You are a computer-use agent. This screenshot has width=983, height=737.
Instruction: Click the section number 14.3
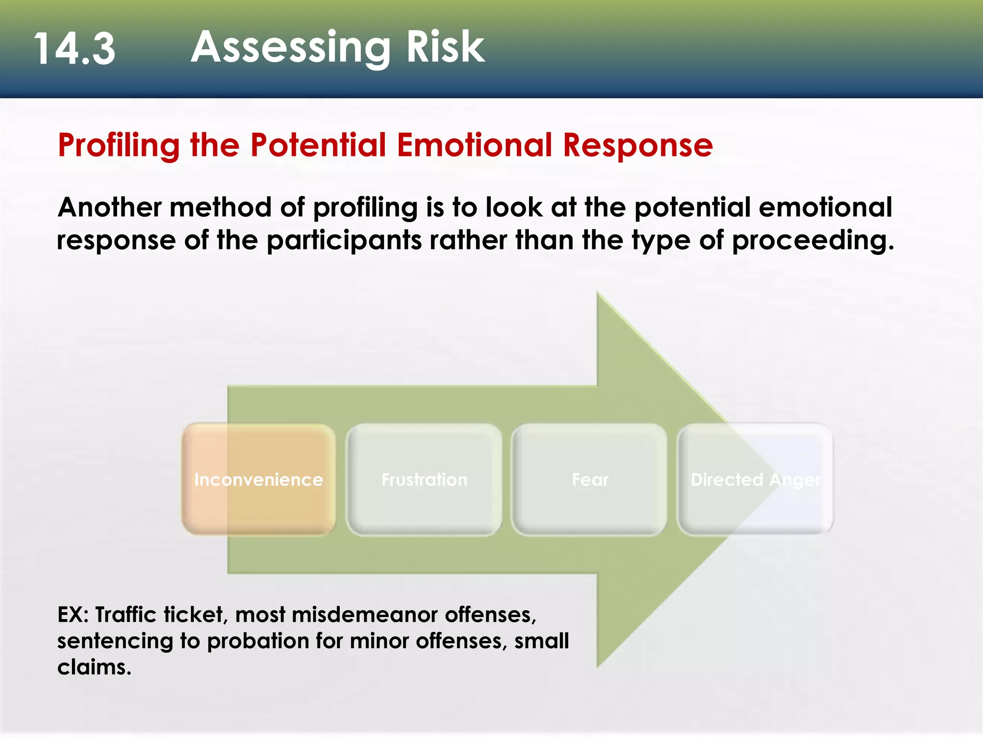(x=74, y=49)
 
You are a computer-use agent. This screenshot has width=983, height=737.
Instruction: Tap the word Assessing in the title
(x=290, y=47)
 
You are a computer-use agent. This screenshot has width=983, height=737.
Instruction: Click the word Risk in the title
(x=445, y=47)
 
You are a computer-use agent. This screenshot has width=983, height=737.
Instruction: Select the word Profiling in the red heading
(x=119, y=145)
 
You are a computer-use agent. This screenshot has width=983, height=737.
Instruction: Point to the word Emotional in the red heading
(x=474, y=145)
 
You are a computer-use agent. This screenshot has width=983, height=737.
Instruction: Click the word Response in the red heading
(x=638, y=145)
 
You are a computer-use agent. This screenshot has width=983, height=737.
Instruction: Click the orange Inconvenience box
(x=259, y=479)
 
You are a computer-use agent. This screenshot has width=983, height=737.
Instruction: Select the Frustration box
(x=424, y=479)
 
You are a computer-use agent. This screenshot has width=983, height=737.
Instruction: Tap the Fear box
(x=590, y=479)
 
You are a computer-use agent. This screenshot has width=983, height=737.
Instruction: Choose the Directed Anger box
(x=755, y=479)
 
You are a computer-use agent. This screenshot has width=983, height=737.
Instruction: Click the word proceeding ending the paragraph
(x=812, y=240)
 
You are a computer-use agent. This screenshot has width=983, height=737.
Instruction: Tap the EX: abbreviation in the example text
(x=73, y=615)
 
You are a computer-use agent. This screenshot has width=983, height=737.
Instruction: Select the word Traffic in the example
(x=126, y=615)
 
